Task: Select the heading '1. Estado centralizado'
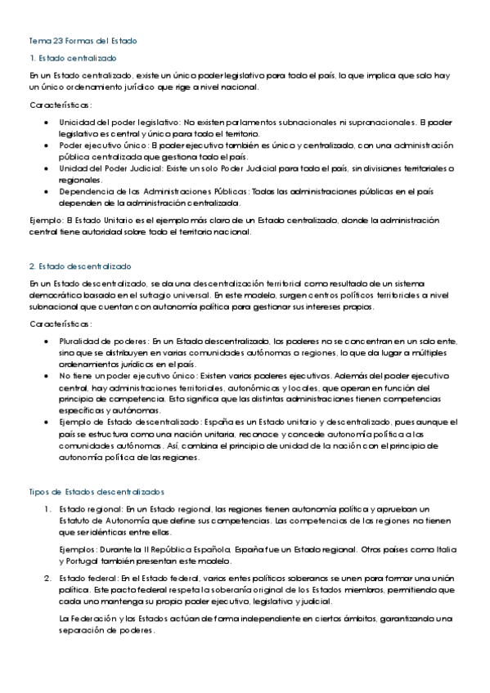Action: click(x=73, y=58)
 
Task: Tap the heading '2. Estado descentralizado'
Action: click(x=79, y=266)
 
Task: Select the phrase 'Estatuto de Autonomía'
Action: click(x=103, y=520)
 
